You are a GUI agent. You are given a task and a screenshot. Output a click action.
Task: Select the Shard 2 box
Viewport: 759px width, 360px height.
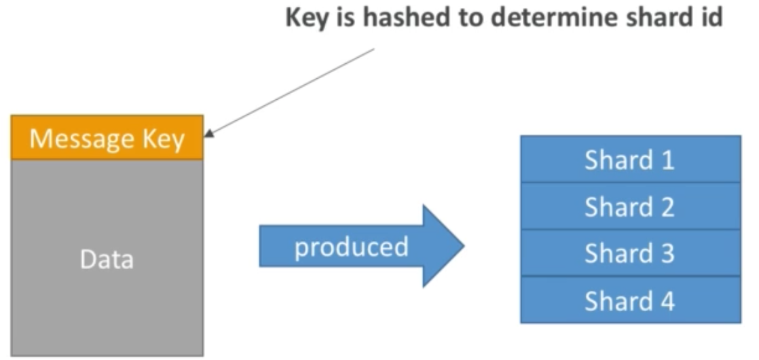coord(630,206)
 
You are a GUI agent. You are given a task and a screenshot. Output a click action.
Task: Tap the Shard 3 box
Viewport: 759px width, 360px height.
coord(630,253)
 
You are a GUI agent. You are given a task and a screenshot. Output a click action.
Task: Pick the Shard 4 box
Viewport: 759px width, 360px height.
coord(630,300)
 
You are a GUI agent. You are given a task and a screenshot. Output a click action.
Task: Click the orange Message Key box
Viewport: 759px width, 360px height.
coord(107,138)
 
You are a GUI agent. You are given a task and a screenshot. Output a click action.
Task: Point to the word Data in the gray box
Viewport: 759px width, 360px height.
coord(107,259)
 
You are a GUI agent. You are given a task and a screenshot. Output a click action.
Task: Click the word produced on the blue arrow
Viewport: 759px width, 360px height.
coord(351,247)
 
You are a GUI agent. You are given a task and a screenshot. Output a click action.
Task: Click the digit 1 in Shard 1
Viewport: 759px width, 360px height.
coord(667,160)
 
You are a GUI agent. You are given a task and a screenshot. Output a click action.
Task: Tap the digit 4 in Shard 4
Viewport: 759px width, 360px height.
coord(667,300)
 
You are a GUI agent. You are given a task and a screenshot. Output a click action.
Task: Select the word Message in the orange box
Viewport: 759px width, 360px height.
coord(80,139)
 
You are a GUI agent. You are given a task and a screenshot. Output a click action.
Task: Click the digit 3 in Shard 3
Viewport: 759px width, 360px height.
coord(667,253)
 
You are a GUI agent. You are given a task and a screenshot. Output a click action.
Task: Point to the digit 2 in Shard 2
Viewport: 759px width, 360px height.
coord(667,206)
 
